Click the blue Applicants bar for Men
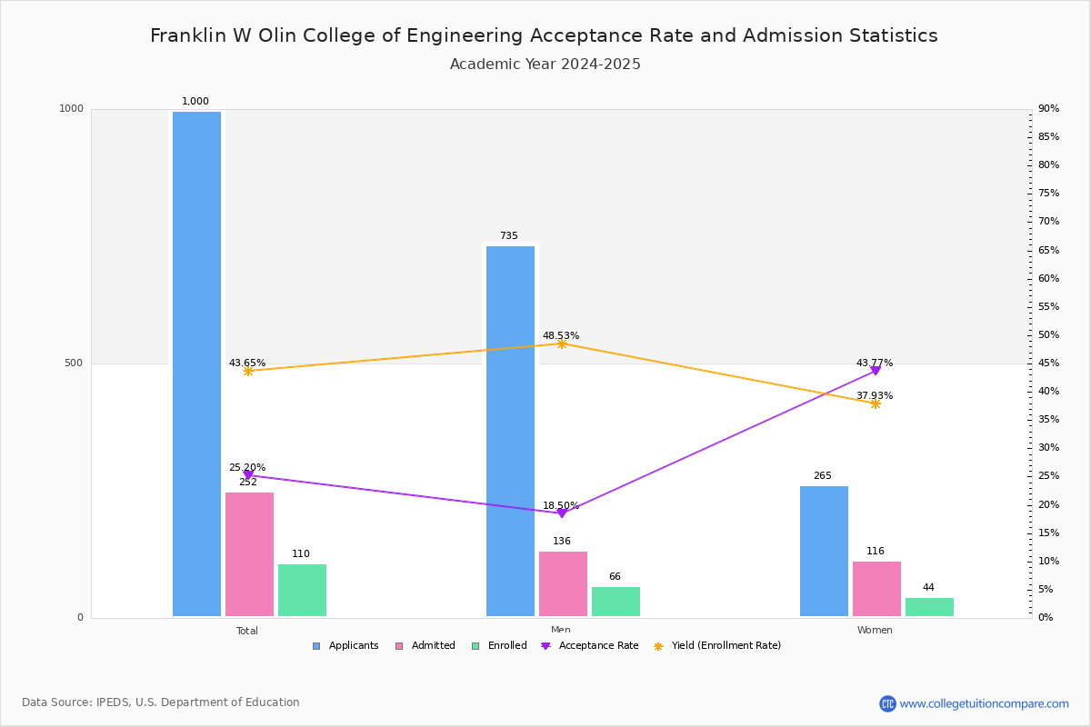(510, 431)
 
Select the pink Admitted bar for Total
(249, 553)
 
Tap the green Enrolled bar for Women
(929, 607)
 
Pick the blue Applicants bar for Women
(824, 551)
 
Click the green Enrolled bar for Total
(302, 590)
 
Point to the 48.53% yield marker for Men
(562, 344)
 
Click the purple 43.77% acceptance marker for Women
(876, 371)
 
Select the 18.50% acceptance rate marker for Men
(562, 513)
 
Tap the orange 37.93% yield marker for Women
(876, 403)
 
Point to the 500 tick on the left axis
(73, 363)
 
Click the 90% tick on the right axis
(1048, 109)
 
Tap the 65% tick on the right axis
(1048, 250)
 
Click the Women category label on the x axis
(875, 631)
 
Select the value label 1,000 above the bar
(195, 102)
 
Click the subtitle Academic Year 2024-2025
(545, 65)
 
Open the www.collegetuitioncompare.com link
(984, 703)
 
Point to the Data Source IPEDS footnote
(161, 702)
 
